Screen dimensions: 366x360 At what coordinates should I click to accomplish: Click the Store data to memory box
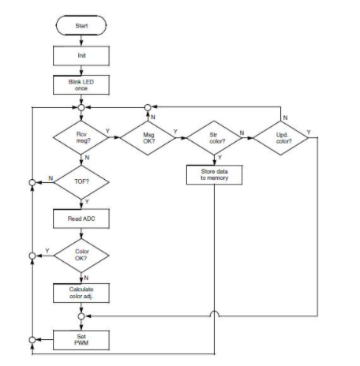(x=215, y=174)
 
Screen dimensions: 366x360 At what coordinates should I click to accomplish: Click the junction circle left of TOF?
(x=32, y=181)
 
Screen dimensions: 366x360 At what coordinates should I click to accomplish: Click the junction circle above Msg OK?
(x=150, y=106)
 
